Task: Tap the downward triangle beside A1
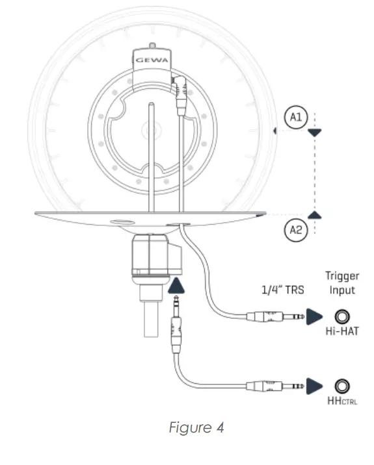315,132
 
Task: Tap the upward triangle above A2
315,214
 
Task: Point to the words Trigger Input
342,284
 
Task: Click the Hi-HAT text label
342,331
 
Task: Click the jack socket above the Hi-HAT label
342,316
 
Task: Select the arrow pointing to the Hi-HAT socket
315,316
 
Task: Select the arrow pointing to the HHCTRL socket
315,385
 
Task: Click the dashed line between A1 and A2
315,172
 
